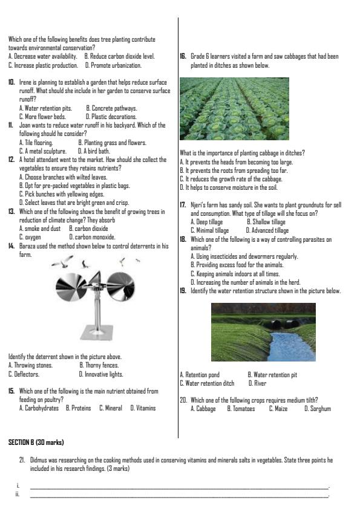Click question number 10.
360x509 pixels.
11,82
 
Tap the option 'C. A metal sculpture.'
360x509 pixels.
42,151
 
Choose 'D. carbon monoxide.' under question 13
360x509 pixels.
93,238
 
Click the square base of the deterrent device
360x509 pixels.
99,331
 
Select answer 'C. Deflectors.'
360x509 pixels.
24,374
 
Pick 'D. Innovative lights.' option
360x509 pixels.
101,374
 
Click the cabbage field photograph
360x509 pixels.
234,109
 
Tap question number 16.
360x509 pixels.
183,57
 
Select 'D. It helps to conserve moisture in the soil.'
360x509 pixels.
229,188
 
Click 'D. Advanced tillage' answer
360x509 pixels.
267,230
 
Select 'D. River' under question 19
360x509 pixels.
257,383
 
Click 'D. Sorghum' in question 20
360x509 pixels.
317,409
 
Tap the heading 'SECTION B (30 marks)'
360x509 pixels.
36,443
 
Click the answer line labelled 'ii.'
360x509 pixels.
178,496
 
